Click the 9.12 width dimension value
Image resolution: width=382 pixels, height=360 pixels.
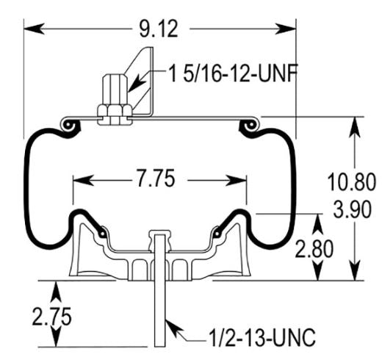[160, 29]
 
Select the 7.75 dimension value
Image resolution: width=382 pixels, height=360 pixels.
[159, 180]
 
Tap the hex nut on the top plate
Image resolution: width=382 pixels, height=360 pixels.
[116, 111]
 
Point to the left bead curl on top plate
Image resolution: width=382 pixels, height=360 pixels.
[70, 128]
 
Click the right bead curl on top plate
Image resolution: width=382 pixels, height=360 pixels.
[250, 128]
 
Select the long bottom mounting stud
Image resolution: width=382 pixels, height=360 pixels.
[159, 309]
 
